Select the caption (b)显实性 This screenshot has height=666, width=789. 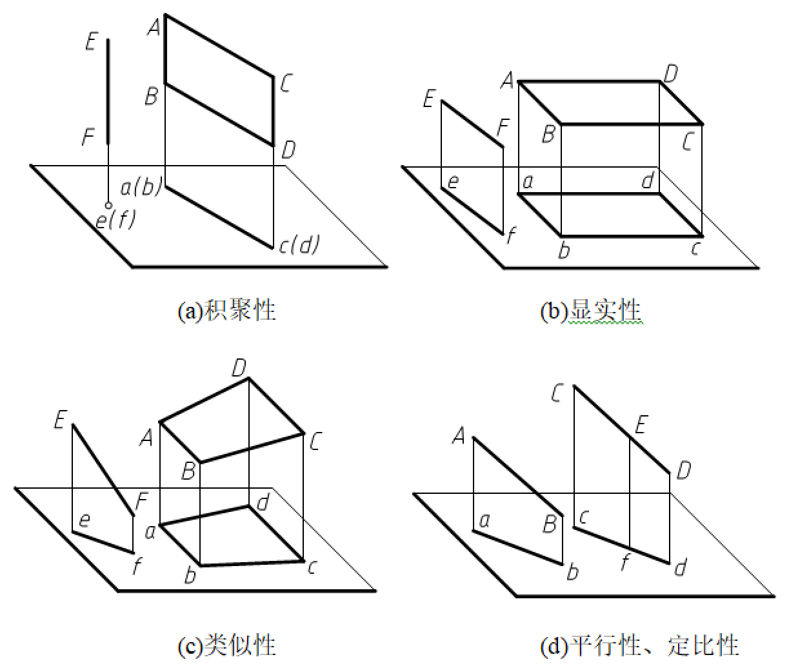click(591, 311)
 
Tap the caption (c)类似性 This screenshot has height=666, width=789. click(226, 645)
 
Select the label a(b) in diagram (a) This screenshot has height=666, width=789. click(141, 186)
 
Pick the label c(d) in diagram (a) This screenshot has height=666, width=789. click(299, 244)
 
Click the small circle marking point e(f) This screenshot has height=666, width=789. click(108, 205)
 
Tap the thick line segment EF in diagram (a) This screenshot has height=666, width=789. click(108, 91)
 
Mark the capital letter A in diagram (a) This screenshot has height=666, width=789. click(154, 27)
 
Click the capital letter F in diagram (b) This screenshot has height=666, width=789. click(504, 127)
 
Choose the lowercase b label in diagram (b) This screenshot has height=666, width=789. click(564, 250)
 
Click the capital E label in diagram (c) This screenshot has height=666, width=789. click(61, 420)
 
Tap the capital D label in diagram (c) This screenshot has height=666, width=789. click(239, 368)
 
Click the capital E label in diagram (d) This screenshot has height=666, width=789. click(642, 424)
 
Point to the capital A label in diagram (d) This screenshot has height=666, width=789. click(459, 435)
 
